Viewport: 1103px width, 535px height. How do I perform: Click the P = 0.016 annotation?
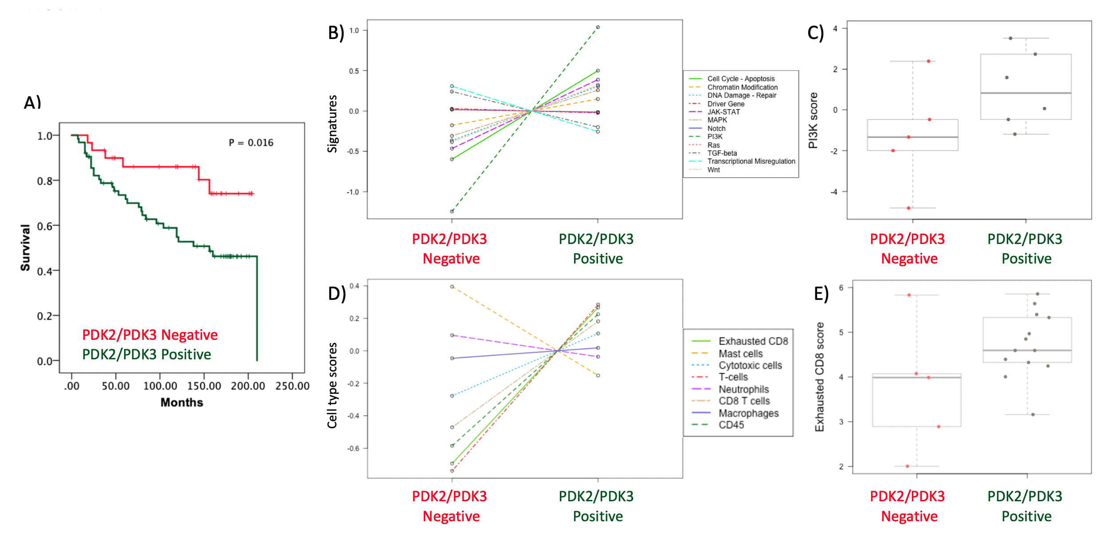pyautogui.click(x=251, y=143)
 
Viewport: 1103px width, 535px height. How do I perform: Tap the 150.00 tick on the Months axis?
pyautogui.click(x=204, y=386)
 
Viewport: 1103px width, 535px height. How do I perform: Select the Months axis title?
pyautogui.click(x=182, y=402)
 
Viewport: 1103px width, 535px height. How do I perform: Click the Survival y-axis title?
pyautogui.click(x=25, y=248)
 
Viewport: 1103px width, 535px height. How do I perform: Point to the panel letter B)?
pyautogui.click(x=336, y=33)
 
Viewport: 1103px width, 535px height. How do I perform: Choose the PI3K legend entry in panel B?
pyautogui.click(x=715, y=137)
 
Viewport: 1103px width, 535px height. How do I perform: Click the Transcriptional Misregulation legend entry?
pyautogui.click(x=751, y=161)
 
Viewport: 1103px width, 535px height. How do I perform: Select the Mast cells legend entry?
pyautogui.click(x=740, y=354)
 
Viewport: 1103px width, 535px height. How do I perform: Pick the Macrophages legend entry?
pyautogui.click(x=748, y=413)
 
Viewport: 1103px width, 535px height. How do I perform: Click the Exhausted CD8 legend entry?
pyautogui.click(x=753, y=341)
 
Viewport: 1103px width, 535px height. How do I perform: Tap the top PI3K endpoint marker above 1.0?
pyautogui.click(x=598, y=27)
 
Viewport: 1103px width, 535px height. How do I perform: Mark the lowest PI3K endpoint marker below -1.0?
pyautogui.click(x=452, y=211)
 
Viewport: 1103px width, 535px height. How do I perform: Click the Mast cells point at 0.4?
pyautogui.click(x=452, y=287)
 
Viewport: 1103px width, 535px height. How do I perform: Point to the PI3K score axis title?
pyautogui.click(x=813, y=120)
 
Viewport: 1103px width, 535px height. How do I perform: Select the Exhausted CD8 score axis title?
pyautogui.click(x=819, y=377)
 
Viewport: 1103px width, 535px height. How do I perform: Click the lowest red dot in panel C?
pyautogui.click(x=908, y=208)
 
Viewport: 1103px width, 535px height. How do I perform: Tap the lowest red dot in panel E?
pyautogui.click(x=907, y=466)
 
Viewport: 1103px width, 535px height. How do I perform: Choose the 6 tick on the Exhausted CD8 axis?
pyautogui.click(x=841, y=288)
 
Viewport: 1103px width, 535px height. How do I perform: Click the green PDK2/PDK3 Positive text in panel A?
pyautogui.click(x=146, y=354)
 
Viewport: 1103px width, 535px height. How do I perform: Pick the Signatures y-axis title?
pyautogui.click(x=332, y=124)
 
